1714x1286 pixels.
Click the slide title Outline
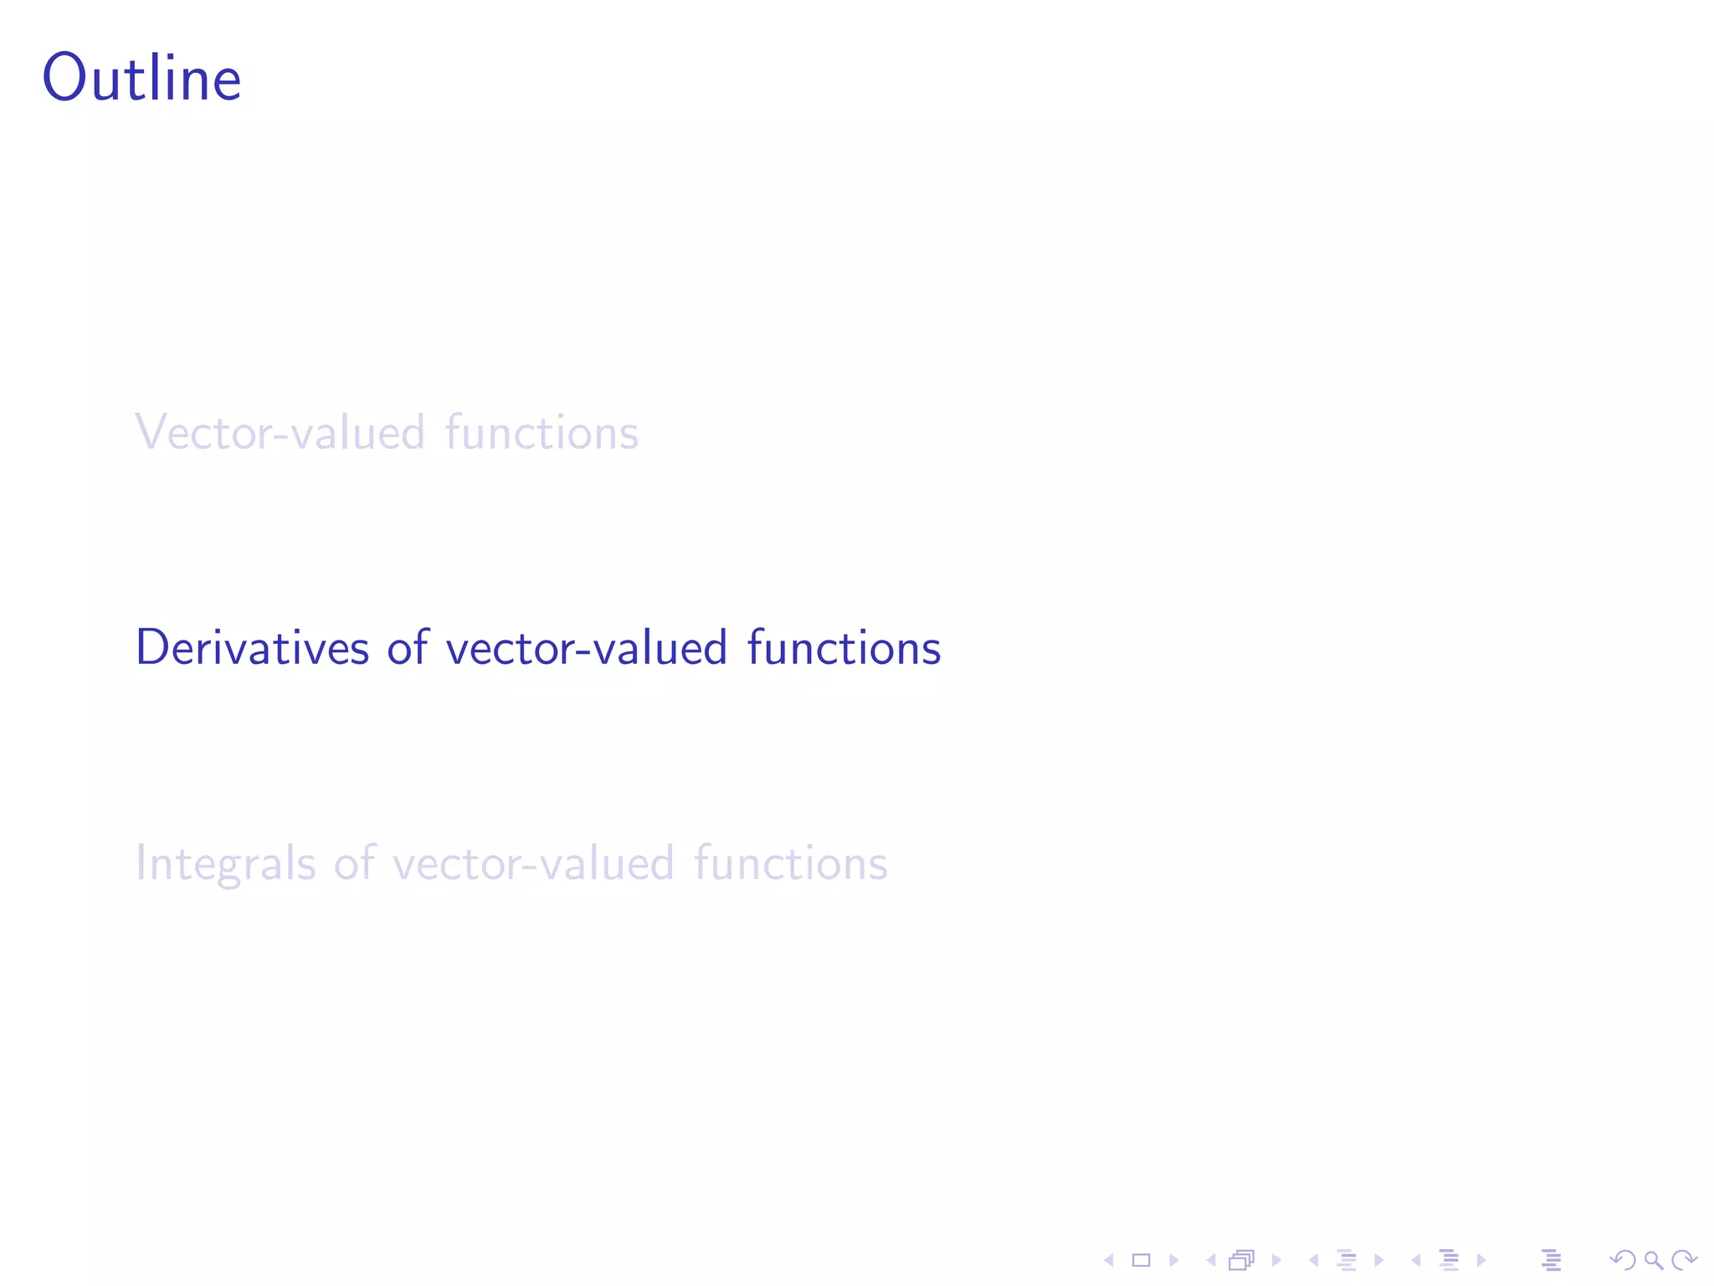pos(142,78)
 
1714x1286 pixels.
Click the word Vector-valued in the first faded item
pos(280,433)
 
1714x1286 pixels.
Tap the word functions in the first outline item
pos(541,433)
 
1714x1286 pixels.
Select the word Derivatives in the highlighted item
pos(252,648)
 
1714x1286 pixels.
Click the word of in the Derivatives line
pos(408,648)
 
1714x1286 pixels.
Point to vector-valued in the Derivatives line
pos(586,648)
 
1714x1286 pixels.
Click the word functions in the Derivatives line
pos(844,648)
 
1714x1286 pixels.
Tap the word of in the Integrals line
pos(354,863)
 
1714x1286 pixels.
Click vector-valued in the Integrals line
pos(533,863)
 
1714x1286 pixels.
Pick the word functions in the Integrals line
pos(790,863)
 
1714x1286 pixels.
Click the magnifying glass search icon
pos(1654,1260)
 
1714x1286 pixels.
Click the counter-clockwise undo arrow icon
pos(1623,1260)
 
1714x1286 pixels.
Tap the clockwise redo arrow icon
pos(1684,1260)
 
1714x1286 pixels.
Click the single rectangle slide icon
pos(1142,1260)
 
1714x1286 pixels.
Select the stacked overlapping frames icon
pos(1242,1260)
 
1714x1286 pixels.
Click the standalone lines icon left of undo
pos(1551,1260)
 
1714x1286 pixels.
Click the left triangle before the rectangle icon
pos(1109,1260)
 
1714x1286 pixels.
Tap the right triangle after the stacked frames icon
pos(1276,1260)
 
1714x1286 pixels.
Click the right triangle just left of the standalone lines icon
pos(1481,1260)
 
